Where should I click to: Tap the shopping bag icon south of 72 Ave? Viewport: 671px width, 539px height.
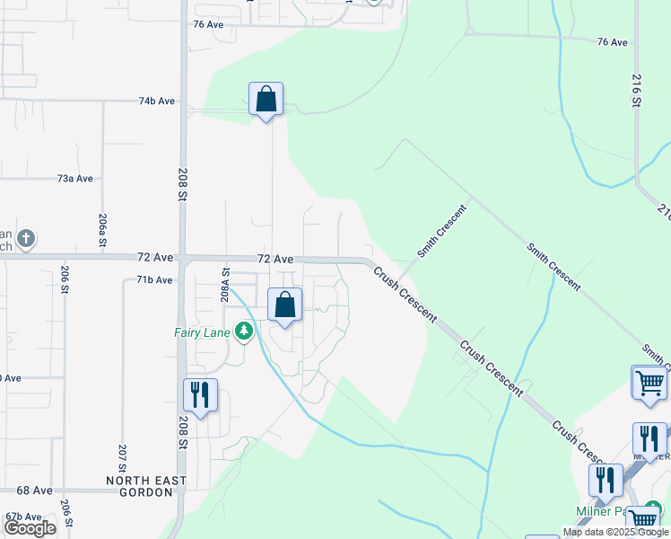[x=284, y=305]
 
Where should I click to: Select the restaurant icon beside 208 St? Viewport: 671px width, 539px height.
[x=200, y=395]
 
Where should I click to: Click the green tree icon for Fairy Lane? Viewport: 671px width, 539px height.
[x=243, y=331]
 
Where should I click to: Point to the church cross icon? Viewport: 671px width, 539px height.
[x=27, y=239]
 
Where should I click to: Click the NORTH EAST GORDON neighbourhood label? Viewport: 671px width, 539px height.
[x=146, y=481]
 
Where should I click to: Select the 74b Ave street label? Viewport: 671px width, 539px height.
[x=156, y=102]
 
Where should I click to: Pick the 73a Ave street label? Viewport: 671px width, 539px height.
[x=75, y=179]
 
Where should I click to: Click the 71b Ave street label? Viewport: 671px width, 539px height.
[x=154, y=280]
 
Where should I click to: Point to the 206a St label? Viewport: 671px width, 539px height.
[x=103, y=230]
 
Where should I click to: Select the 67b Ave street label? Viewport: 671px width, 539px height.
[x=23, y=517]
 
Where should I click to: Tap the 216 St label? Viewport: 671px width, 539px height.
[x=636, y=91]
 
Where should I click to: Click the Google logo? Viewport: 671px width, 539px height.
[x=30, y=528]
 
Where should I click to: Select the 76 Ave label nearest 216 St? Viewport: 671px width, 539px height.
[x=613, y=41]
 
